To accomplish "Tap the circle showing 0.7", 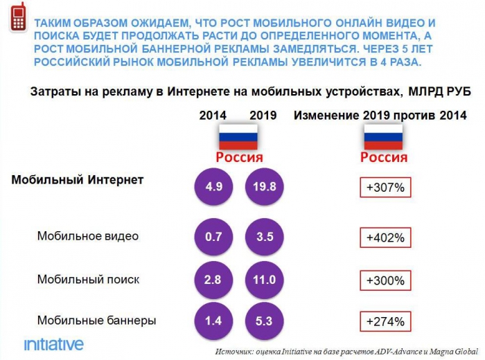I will click(x=214, y=237).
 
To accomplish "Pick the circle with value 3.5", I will click(x=264, y=237).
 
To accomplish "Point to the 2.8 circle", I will click(x=214, y=280).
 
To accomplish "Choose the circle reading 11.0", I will click(x=264, y=280).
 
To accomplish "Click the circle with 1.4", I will click(x=214, y=321).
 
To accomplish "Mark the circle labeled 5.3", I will click(x=264, y=321).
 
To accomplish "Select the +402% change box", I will click(x=385, y=237).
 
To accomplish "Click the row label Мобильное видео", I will click(x=88, y=236).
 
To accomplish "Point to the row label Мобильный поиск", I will click(x=88, y=279).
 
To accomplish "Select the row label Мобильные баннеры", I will click(x=96, y=320).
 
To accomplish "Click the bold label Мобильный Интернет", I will click(x=78, y=180).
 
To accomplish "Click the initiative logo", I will click(x=53, y=344).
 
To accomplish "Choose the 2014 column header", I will click(x=213, y=116).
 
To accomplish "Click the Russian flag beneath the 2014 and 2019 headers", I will click(x=238, y=137).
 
